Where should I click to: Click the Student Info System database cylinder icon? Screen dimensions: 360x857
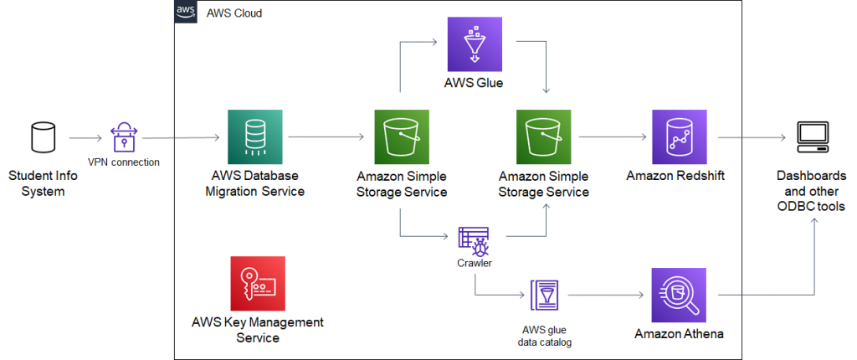point(43,136)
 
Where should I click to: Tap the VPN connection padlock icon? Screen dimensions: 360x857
point(122,136)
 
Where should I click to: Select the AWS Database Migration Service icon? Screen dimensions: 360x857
point(254,136)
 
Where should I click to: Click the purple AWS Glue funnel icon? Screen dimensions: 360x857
point(474,43)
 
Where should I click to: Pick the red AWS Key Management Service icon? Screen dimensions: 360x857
point(257,283)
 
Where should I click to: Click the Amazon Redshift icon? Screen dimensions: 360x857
point(679,136)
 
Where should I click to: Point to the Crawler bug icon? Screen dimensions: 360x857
point(474,240)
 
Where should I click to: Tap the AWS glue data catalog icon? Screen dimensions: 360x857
point(545,296)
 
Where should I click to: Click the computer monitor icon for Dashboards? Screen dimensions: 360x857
point(811,136)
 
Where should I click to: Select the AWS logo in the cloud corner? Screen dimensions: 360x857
point(186,13)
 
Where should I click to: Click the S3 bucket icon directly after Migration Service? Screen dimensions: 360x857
point(400,136)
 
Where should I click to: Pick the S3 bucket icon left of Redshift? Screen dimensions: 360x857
point(544,136)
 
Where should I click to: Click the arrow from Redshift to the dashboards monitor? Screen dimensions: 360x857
point(748,136)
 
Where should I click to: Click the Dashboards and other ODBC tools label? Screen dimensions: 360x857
point(811,191)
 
